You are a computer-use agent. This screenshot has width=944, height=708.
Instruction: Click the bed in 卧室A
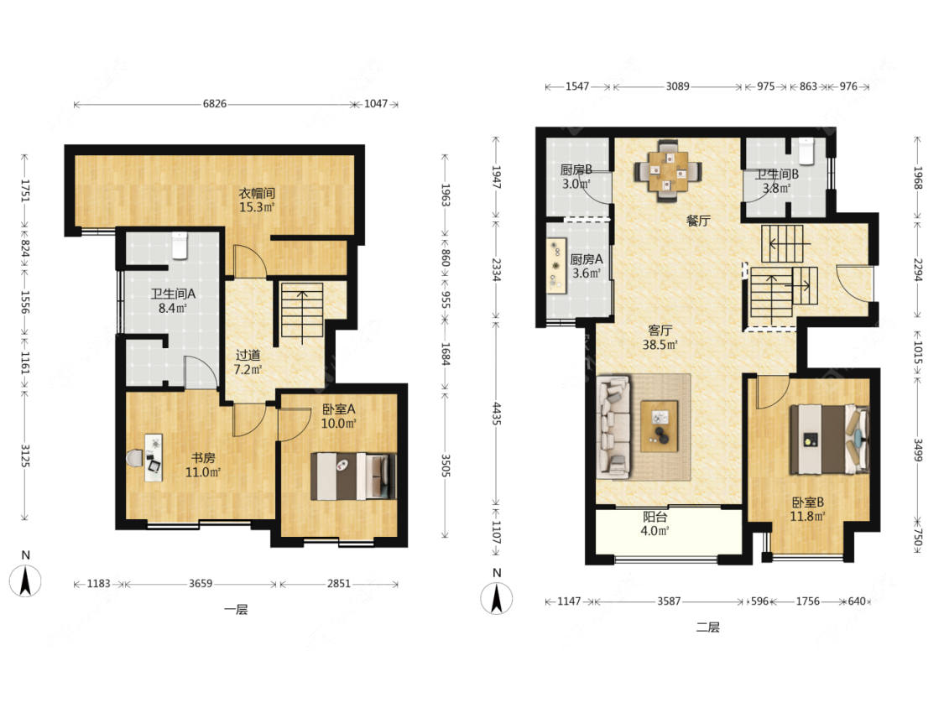[x=353, y=476]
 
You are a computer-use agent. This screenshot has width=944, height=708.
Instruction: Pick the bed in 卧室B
[x=829, y=439]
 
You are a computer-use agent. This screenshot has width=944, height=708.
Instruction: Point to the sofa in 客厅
[x=613, y=427]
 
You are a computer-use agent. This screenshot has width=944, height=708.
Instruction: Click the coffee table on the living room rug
[x=659, y=425]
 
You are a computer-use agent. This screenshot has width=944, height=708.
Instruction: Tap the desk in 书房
[x=154, y=457]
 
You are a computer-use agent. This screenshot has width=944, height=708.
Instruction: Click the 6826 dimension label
[x=214, y=103]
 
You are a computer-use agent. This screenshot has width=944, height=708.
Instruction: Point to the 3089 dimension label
[x=677, y=86]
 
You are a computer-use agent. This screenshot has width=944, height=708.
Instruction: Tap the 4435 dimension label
[x=497, y=414]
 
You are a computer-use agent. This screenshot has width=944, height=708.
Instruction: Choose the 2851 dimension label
[x=338, y=583]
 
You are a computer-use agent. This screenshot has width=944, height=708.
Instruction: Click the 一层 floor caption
[x=236, y=609]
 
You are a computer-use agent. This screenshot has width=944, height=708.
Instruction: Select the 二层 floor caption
[x=708, y=627]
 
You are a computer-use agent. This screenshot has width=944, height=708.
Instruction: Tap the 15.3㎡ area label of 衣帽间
[x=257, y=208]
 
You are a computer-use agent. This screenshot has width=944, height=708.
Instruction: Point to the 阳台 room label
[x=655, y=517]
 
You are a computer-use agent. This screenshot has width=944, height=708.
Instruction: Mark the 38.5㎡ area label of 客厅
[x=660, y=345]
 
